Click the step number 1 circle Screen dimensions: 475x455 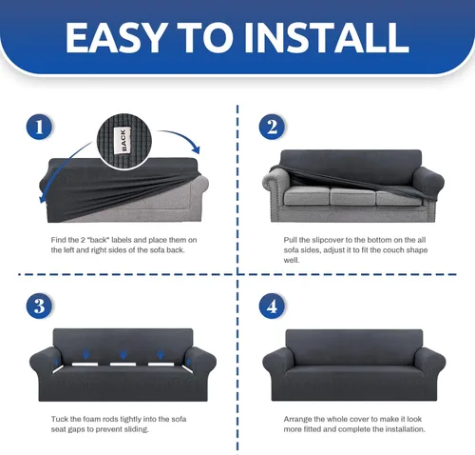[x=39, y=127]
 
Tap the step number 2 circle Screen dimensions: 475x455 [x=272, y=127]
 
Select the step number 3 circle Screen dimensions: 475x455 [x=39, y=307]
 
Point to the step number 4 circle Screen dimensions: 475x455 [x=272, y=307]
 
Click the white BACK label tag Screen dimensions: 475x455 [x=123, y=141]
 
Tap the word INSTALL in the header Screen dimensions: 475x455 [x=327, y=38]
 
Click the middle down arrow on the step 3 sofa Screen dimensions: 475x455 [x=123, y=354]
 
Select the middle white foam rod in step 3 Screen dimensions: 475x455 [x=123, y=365]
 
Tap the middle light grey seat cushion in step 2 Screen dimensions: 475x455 [x=353, y=197]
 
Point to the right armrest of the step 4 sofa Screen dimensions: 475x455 [x=429, y=362]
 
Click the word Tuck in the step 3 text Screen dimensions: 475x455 [x=59, y=419]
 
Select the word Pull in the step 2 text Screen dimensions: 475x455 [x=291, y=240]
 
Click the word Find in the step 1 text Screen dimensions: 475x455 [x=58, y=240]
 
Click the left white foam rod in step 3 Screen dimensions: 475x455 [x=85, y=365]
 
